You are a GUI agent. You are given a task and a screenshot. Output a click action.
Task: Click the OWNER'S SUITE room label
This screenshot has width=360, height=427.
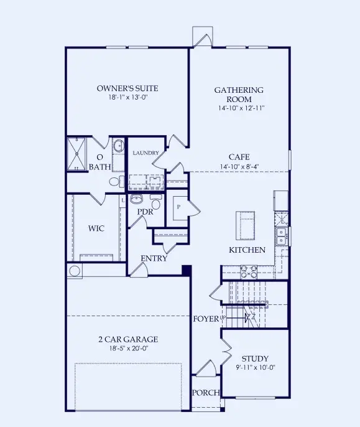[x=126, y=88]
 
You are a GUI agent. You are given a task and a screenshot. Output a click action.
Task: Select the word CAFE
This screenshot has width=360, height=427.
[x=239, y=157]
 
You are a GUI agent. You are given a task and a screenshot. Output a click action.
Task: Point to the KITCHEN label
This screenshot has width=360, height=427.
[x=247, y=250]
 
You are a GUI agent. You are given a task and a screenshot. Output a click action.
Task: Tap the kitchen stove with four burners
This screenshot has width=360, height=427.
[x=248, y=271]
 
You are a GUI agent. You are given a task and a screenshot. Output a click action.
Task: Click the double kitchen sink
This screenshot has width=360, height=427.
[x=282, y=235]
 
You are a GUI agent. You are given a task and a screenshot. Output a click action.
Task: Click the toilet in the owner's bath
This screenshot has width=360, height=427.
[x=115, y=182]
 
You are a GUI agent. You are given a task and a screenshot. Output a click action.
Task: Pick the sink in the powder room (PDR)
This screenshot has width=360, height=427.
[x=137, y=199]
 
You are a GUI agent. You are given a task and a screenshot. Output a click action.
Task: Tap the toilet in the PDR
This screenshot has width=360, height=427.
[x=155, y=204]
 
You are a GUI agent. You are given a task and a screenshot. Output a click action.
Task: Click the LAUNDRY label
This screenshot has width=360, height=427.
[x=145, y=152]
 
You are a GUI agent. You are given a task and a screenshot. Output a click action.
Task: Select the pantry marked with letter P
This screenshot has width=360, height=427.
[x=179, y=206]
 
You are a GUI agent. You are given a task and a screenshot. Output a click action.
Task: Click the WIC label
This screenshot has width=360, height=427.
[x=96, y=228]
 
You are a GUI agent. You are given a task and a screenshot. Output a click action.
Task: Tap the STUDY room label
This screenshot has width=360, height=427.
[x=255, y=359]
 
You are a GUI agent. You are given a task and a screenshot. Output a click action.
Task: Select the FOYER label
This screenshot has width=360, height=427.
[x=205, y=319]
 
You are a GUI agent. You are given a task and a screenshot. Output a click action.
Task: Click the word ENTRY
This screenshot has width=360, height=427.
[x=154, y=258]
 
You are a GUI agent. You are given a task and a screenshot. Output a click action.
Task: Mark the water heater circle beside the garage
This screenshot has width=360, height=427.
[x=75, y=271]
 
